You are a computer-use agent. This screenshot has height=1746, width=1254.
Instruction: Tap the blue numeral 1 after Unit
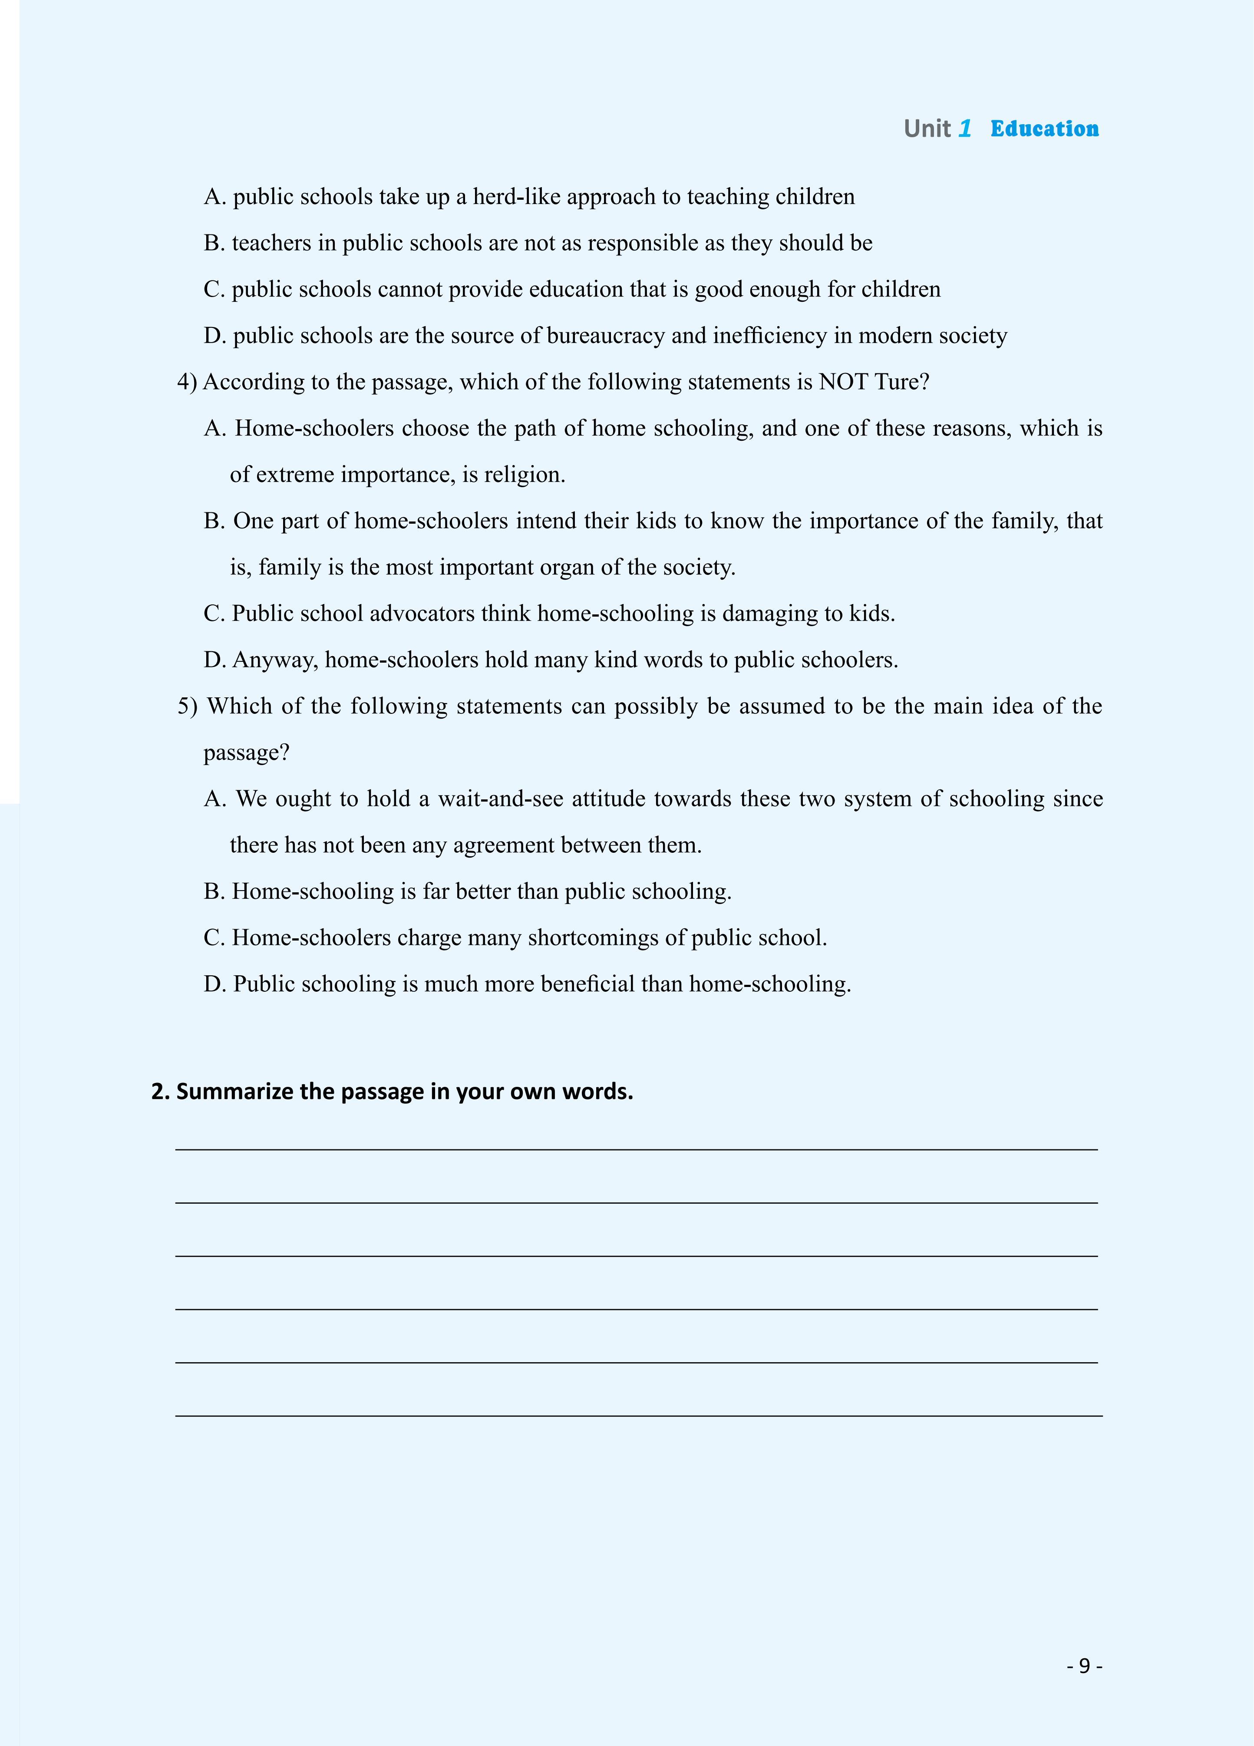[964, 129]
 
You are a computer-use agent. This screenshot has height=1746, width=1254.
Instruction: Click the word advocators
[422, 614]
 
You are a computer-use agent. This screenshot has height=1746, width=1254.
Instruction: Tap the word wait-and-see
[500, 799]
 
